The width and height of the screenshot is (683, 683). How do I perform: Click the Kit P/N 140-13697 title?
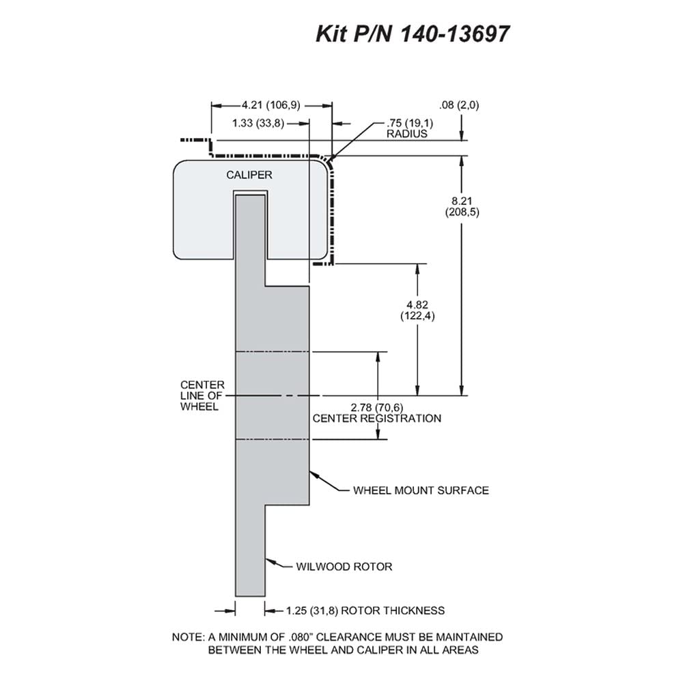click(412, 33)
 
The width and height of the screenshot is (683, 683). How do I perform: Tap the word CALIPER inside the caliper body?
click(249, 175)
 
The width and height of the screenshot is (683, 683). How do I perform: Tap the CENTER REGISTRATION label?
click(377, 419)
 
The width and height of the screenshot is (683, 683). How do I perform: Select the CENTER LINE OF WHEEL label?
click(202, 396)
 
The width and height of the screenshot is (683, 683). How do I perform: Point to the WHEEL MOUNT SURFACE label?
click(421, 490)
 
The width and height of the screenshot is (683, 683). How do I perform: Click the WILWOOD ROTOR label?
click(344, 567)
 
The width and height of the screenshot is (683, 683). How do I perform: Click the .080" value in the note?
click(301, 637)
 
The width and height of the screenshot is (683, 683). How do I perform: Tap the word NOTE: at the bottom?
click(189, 637)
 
